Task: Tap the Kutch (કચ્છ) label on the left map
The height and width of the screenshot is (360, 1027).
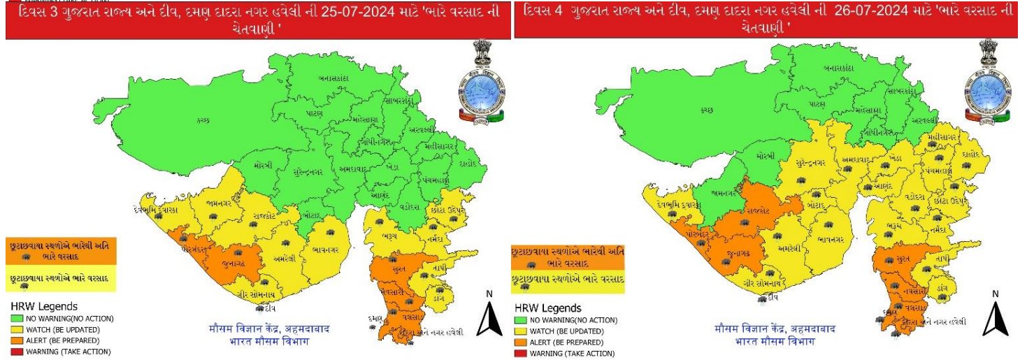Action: (x=204, y=121)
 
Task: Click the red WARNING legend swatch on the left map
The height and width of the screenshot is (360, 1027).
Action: (x=17, y=352)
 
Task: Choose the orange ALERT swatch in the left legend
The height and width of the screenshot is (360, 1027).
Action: (x=17, y=340)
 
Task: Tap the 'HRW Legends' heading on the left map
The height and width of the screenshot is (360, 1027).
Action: (x=43, y=306)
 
